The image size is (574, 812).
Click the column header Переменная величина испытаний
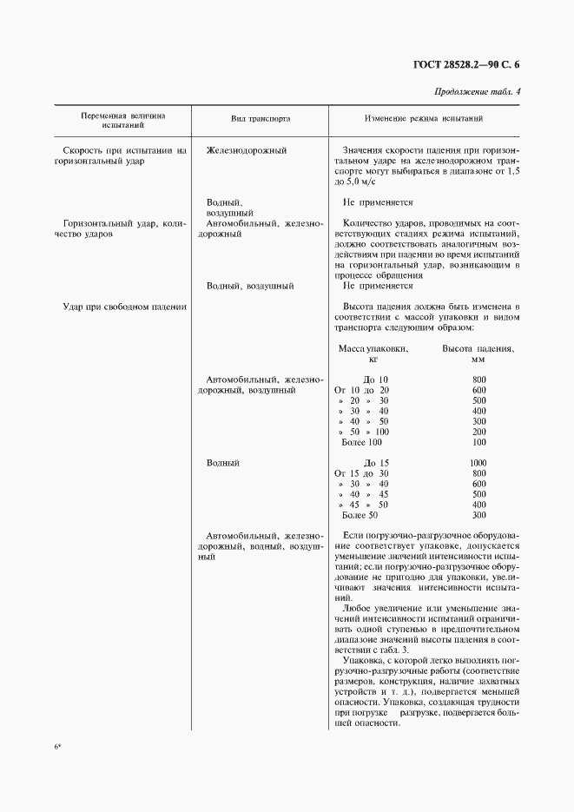click(122, 119)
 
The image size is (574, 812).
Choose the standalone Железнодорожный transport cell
click(247, 150)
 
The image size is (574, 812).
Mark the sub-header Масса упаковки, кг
click(373, 353)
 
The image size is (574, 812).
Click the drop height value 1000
click(478, 463)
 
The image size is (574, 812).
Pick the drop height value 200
click(478, 432)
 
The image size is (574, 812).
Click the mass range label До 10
click(376, 380)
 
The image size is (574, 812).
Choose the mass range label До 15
click(376, 463)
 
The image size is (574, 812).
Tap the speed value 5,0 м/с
click(365, 182)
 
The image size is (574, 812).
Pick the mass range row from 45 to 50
click(363, 505)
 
